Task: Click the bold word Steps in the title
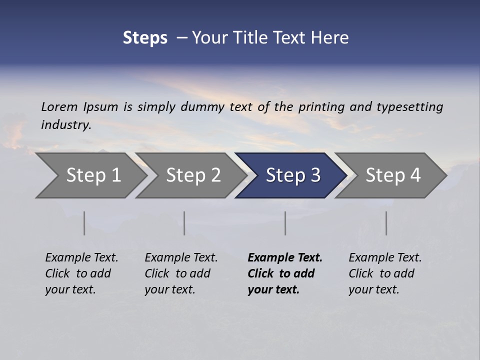point(145,37)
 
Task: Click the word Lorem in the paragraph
point(59,106)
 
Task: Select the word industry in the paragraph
point(65,124)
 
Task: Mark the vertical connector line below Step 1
point(84,223)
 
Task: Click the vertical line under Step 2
point(184,223)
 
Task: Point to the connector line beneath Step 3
point(285,223)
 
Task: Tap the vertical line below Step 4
point(386,223)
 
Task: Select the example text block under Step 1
point(81,273)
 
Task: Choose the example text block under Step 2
point(181,273)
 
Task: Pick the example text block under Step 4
point(385,273)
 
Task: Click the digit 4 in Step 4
point(415,175)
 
